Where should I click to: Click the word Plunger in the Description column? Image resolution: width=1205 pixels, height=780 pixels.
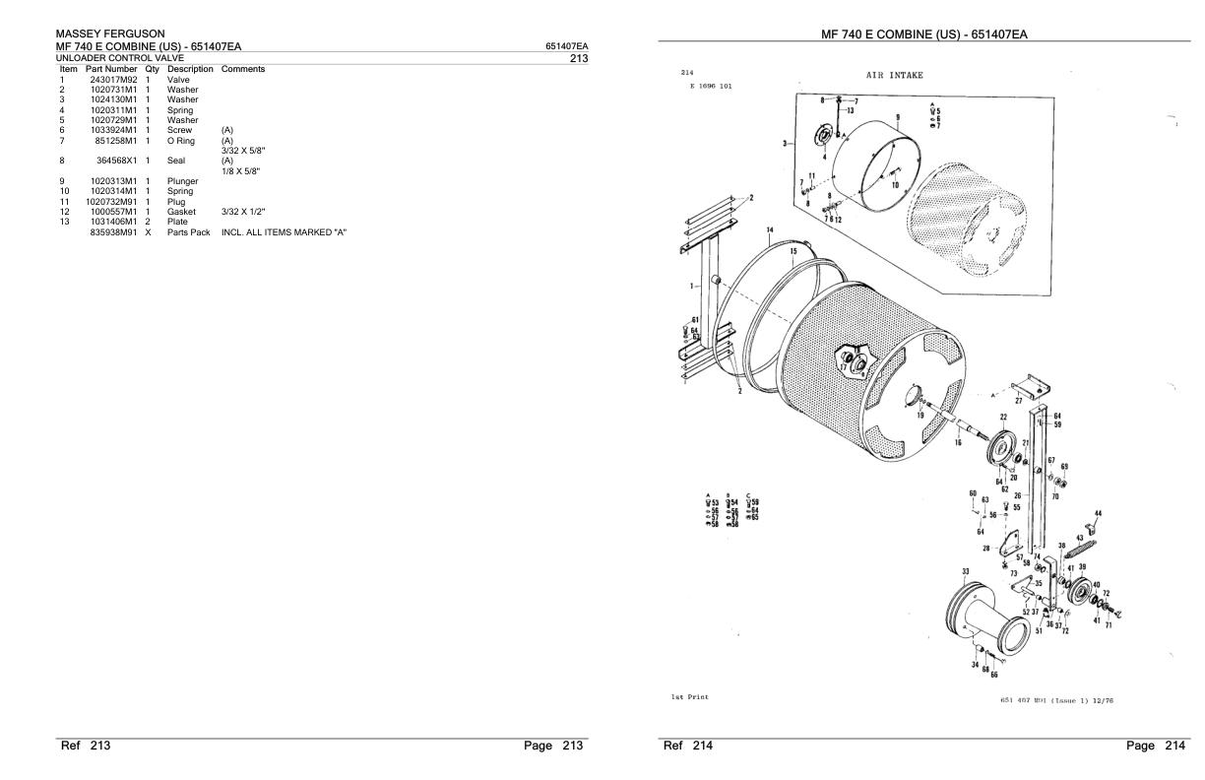coord(183,181)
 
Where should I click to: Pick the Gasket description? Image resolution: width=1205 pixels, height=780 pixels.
coord(183,212)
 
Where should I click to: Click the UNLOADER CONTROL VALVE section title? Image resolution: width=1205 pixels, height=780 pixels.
coord(119,58)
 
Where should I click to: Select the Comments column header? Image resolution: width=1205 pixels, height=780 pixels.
coord(243,69)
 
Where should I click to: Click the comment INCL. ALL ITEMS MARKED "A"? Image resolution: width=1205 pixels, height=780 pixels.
coord(285,232)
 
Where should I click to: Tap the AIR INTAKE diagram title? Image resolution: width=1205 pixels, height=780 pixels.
coord(894,75)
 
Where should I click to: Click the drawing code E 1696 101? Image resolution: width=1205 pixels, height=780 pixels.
coord(711,86)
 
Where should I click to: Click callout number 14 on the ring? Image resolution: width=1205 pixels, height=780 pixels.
coord(771,230)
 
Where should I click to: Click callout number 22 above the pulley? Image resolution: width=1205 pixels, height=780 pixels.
coord(1003,418)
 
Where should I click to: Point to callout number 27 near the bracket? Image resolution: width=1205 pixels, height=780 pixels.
coord(1018,401)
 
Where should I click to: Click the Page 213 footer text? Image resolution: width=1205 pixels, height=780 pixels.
coord(555,746)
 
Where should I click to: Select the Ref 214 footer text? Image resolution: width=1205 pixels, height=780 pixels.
coord(687,746)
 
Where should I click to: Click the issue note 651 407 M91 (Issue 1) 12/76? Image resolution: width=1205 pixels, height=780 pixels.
coord(1049,700)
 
